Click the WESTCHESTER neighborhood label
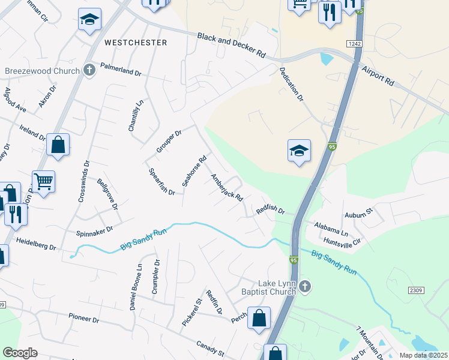pos(135,43)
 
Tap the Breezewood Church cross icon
pos(89,70)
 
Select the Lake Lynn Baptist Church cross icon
pos(305,287)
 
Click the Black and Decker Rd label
pos(232,45)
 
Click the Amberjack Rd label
pos(226,188)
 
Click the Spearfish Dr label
pos(161,182)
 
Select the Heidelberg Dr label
pos(35,247)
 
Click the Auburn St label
pos(359,212)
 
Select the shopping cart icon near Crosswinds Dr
pos(44,181)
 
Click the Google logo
pos(20,353)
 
